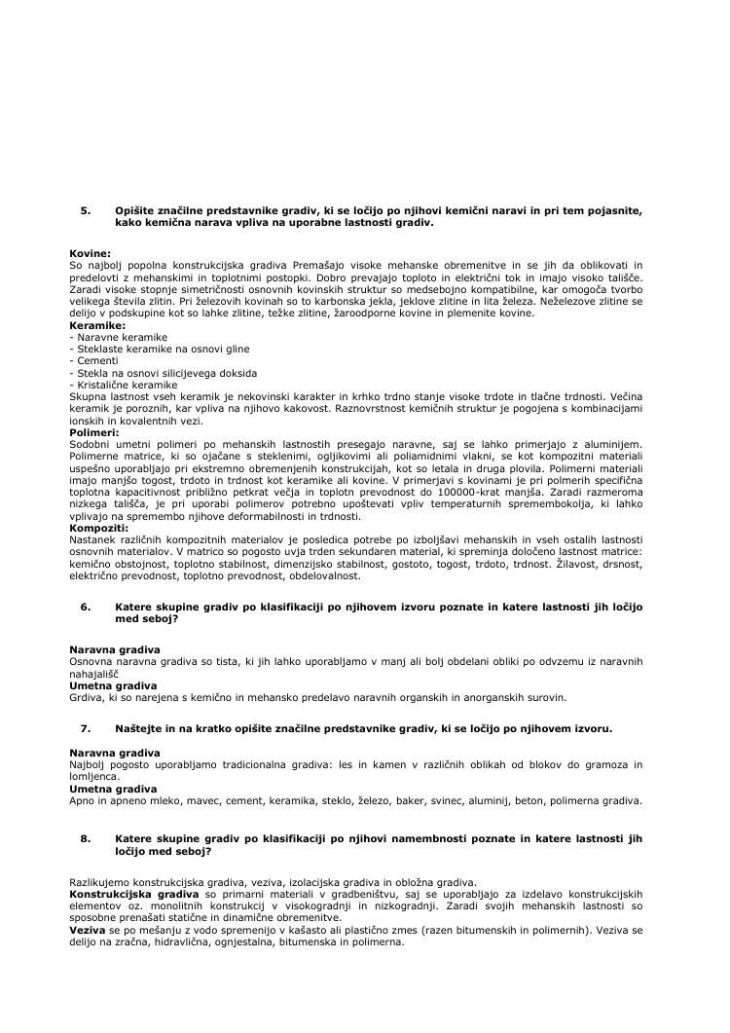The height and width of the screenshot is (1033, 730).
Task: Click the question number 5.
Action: (x=85, y=210)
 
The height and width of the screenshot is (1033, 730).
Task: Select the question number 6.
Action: (x=85, y=607)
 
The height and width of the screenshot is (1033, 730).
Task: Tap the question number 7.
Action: (x=85, y=728)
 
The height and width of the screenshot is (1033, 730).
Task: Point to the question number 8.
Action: (x=85, y=837)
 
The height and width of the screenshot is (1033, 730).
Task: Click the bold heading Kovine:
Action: (x=91, y=253)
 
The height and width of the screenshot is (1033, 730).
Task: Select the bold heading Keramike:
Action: (x=97, y=325)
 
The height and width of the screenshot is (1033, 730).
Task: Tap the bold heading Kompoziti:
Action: (x=99, y=528)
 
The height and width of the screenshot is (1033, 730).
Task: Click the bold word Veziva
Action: (x=89, y=930)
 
